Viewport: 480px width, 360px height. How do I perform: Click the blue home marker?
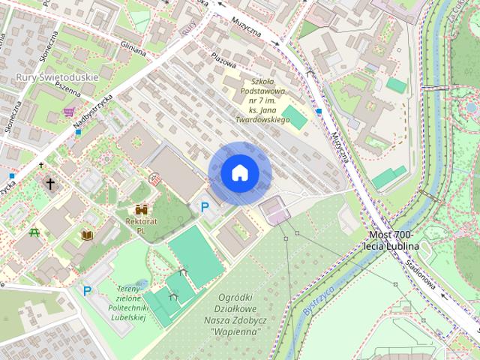pyautogui.click(x=240, y=173)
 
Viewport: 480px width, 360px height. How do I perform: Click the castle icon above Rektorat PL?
pyautogui.click(x=141, y=211)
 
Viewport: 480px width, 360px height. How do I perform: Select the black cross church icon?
pyautogui.click(x=51, y=182)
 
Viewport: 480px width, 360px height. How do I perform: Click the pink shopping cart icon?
pyautogui.click(x=69, y=112)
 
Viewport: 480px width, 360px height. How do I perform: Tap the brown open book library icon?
pyautogui.click(x=87, y=235)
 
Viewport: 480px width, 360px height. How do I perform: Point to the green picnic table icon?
pyautogui.click(x=34, y=232)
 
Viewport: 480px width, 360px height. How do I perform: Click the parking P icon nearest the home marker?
pyautogui.click(x=204, y=206)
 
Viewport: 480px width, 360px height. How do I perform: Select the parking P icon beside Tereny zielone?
pyautogui.click(x=88, y=290)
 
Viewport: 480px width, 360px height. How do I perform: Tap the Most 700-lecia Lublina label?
pyautogui.click(x=391, y=238)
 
